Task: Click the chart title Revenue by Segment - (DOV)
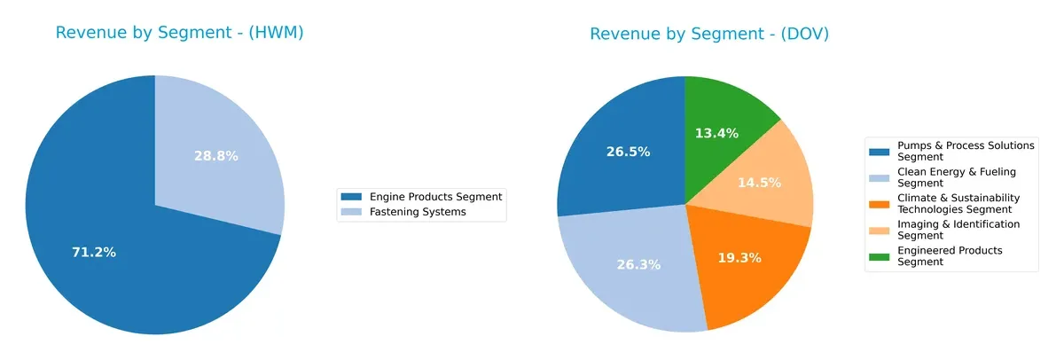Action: [x=709, y=35]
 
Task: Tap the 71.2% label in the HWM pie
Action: [x=94, y=253]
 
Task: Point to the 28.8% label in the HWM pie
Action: [x=216, y=156]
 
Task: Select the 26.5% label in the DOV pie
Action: [x=628, y=152]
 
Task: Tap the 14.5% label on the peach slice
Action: [x=760, y=183]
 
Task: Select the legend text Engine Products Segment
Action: [x=435, y=197]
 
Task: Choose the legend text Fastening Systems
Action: [x=418, y=212]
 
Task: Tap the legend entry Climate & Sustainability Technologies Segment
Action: [x=958, y=204]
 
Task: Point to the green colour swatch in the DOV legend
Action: [x=880, y=252]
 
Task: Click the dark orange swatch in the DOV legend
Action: [x=880, y=199]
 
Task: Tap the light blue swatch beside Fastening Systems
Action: [x=352, y=212]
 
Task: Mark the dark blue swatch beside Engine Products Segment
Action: [x=352, y=197]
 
